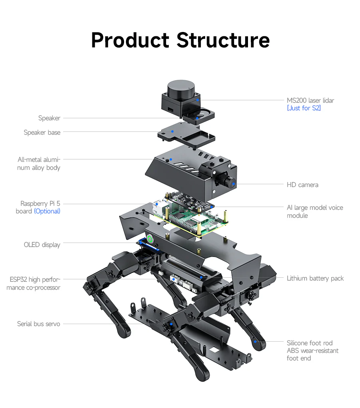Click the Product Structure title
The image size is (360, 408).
pyautogui.click(x=180, y=40)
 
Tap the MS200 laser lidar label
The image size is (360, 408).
pyautogui.click(x=310, y=100)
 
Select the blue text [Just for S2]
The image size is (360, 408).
pyautogui.click(x=304, y=108)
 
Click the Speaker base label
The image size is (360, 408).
pyautogui.click(x=42, y=132)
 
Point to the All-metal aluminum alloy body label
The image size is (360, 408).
pyautogui.click(x=39, y=163)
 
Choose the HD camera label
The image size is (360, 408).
pyautogui.click(x=302, y=185)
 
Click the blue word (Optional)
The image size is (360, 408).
pyautogui.click(x=47, y=211)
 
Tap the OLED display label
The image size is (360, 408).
pyautogui.click(x=42, y=245)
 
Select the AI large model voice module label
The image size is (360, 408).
pyautogui.click(x=314, y=211)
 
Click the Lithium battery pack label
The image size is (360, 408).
pyautogui.click(x=315, y=278)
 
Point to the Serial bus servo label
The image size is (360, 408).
pyautogui.click(x=39, y=324)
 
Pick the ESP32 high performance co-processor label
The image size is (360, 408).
pyautogui.click(x=34, y=283)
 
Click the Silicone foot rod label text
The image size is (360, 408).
pyautogui.click(x=309, y=343)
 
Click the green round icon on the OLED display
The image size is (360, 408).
pyautogui.click(x=150, y=239)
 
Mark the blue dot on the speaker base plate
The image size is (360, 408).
pyautogui.click(x=172, y=131)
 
